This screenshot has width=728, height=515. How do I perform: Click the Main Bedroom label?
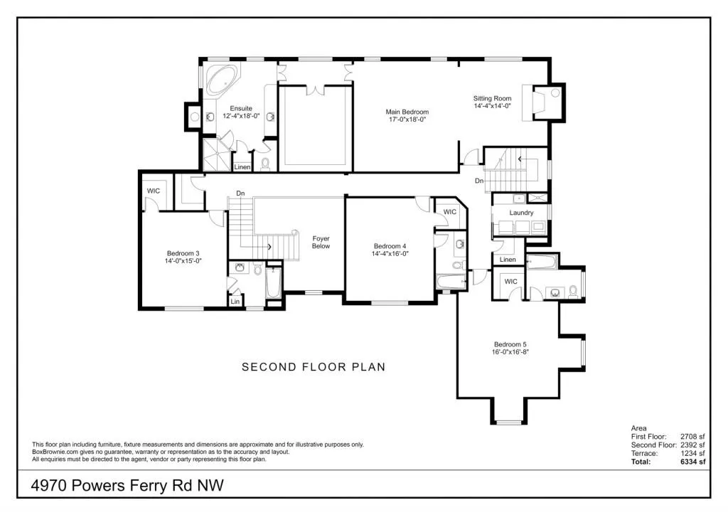[x=407, y=112]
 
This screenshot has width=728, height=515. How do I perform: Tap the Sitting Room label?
[x=493, y=99]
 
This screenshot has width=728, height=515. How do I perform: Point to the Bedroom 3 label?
[x=183, y=253]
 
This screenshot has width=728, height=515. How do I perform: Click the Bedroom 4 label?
[x=390, y=246]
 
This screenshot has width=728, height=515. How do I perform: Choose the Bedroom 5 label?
[x=510, y=345]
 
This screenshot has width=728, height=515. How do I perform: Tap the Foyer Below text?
[x=321, y=243]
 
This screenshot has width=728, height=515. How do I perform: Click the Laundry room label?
[x=521, y=213]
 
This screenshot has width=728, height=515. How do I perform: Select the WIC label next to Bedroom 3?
[x=153, y=191]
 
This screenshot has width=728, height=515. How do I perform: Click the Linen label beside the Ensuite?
[x=242, y=167]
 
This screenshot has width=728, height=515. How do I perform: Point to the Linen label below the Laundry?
[x=508, y=260]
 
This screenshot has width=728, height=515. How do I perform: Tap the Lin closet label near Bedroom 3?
[x=235, y=302]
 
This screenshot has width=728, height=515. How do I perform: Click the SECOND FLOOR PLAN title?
[x=314, y=367]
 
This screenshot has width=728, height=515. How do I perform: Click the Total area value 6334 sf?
[x=692, y=462]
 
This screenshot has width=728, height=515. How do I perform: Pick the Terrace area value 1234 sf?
[x=692, y=453]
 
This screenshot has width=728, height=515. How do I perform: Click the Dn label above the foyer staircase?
[x=240, y=193]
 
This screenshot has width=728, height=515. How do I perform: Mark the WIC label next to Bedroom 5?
[x=510, y=282]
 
